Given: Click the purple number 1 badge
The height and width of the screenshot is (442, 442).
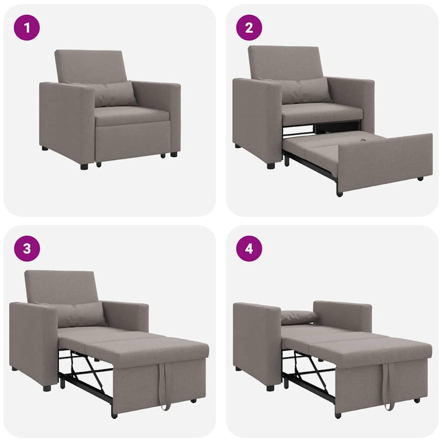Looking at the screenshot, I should click(x=26, y=28).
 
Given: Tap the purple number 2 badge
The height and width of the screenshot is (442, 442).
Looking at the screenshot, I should click(x=249, y=28).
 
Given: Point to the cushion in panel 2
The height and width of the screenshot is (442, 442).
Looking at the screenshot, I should click(x=305, y=90).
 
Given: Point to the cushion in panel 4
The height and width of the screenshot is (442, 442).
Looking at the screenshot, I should click(x=298, y=317).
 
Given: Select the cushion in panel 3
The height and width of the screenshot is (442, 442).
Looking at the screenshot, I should click(x=80, y=314).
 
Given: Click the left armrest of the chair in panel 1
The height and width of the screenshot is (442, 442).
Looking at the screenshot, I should click(x=66, y=120).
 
